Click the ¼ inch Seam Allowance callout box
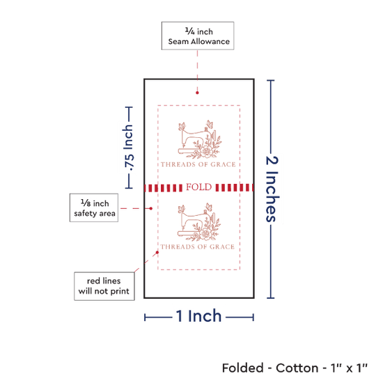pyautogui.click(x=198, y=36)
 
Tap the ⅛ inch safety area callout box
pyautogui.click(x=94, y=208)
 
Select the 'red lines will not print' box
pyautogui.click(x=104, y=286)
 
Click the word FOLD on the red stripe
pyautogui.click(x=199, y=187)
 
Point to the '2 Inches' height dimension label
pyautogui.click(x=272, y=189)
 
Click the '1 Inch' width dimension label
pyautogui.click(x=198, y=316)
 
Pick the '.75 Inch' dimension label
pyautogui.click(x=128, y=148)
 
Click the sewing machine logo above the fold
pyautogui.click(x=200, y=139)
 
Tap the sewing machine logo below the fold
pyautogui.click(x=199, y=222)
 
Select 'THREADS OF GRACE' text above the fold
pyautogui.click(x=198, y=164)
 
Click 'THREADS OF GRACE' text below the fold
pyautogui.click(x=197, y=247)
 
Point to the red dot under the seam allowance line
pyautogui.click(x=197, y=93)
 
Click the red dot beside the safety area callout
pyautogui.click(x=151, y=208)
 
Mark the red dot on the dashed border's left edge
pyautogui.click(x=157, y=252)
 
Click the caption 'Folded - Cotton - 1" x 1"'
pyautogui.click(x=295, y=368)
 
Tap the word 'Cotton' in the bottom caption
pyautogui.click(x=297, y=368)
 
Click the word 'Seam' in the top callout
pyautogui.click(x=178, y=42)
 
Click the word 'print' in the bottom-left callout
pyautogui.click(x=120, y=291)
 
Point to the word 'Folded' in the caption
pyautogui.click(x=243, y=368)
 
